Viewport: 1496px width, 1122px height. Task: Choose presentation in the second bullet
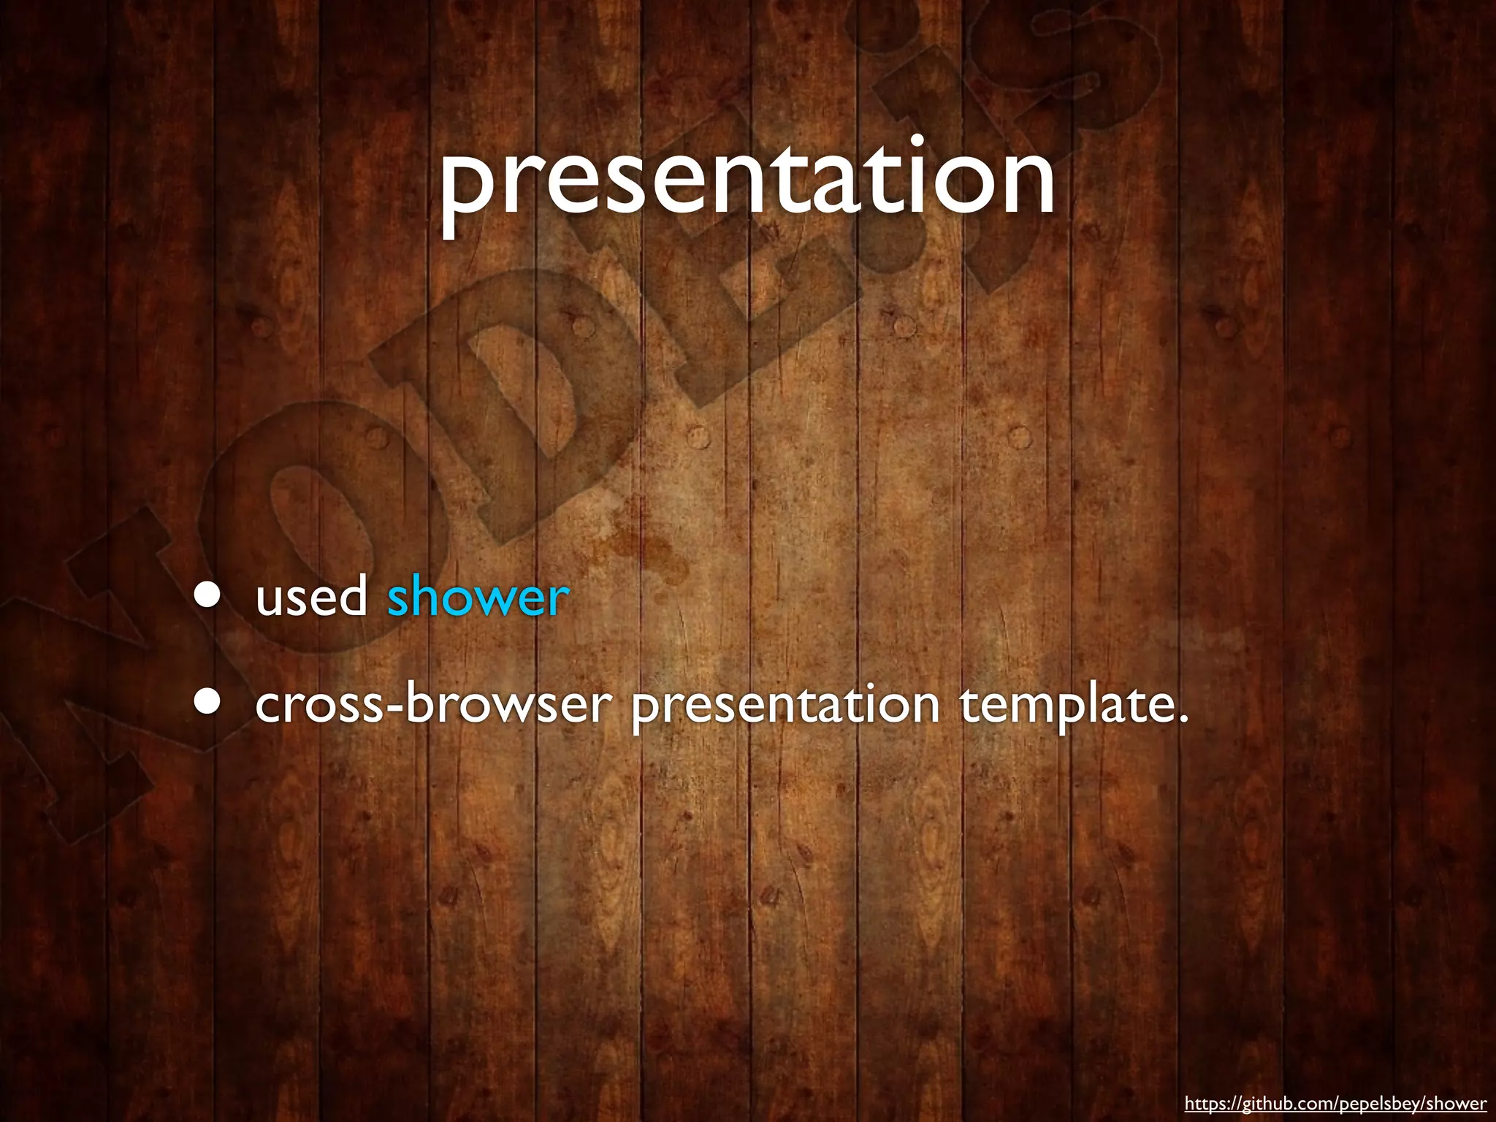[x=785, y=705]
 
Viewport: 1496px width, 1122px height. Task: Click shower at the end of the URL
[x=1457, y=1103]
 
